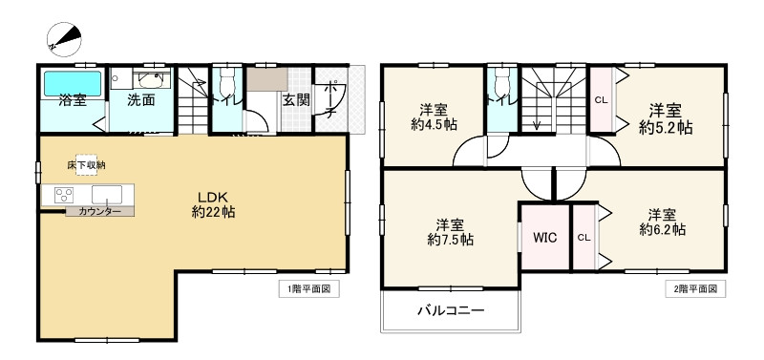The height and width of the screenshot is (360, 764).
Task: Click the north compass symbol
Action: click(x=62, y=37)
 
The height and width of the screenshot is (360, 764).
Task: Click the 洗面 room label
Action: click(x=141, y=99)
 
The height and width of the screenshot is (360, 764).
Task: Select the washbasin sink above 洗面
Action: click(x=151, y=79)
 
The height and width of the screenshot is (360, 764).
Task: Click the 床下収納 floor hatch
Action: click(x=85, y=165)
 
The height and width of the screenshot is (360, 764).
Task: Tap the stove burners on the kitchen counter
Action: click(x=66, y=195)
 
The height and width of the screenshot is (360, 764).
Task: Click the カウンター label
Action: click(x=99, y=211)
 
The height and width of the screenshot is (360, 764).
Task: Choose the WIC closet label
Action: click(x=544, y=236)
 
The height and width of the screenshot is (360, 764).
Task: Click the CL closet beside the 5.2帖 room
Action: click(x=601, y=99)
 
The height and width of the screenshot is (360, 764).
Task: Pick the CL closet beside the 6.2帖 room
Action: click(x=584, y=237)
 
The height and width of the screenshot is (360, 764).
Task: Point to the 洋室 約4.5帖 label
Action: click(x=434, y=116)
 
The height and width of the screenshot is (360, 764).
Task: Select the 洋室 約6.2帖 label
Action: click(x=663, y=222)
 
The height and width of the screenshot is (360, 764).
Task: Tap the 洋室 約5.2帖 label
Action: click(x=666, y=117)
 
